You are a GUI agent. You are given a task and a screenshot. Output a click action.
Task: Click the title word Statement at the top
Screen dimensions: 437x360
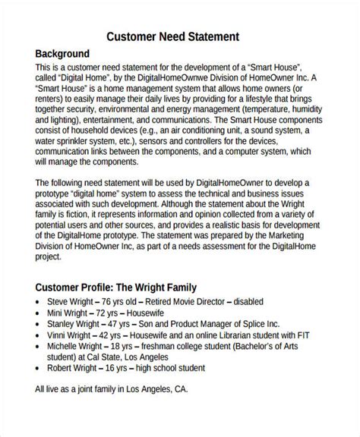click(x=209, y=36)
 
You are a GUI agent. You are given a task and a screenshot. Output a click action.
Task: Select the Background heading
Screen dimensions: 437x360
click(x=63, y=55)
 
